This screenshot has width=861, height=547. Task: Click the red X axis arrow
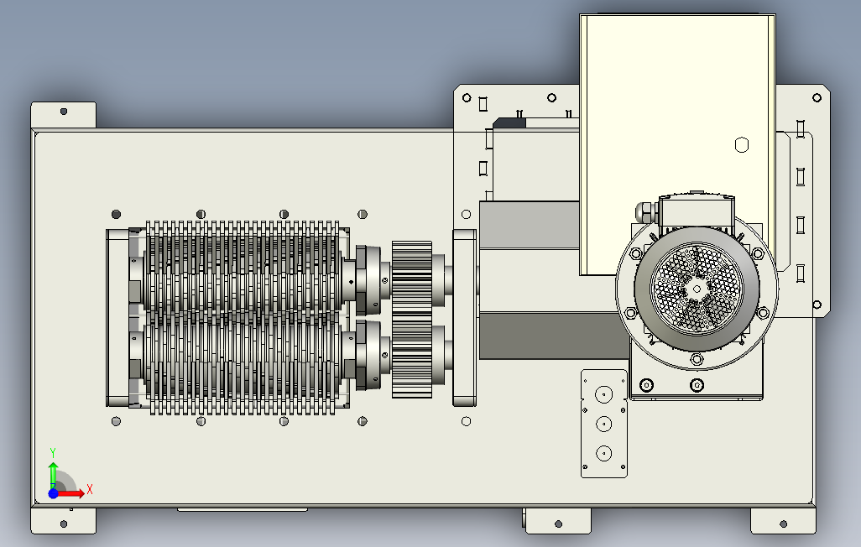point(77,492)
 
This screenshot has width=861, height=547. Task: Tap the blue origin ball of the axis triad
point(53,493)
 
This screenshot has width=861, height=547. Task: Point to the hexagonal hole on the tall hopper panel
point(740,145)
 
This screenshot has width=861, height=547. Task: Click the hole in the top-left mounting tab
point(64,111)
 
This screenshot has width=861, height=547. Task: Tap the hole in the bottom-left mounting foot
point(64,524)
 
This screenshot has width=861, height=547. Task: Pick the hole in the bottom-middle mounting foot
point(557,524)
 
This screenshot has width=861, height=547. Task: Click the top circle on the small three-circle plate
point(603,394)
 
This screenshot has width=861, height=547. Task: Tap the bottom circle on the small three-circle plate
point(603,453)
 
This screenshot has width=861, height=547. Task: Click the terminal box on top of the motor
point(696,210)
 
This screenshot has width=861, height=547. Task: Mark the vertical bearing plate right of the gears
point(464,317)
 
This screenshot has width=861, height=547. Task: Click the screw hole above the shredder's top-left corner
point(116,213)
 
